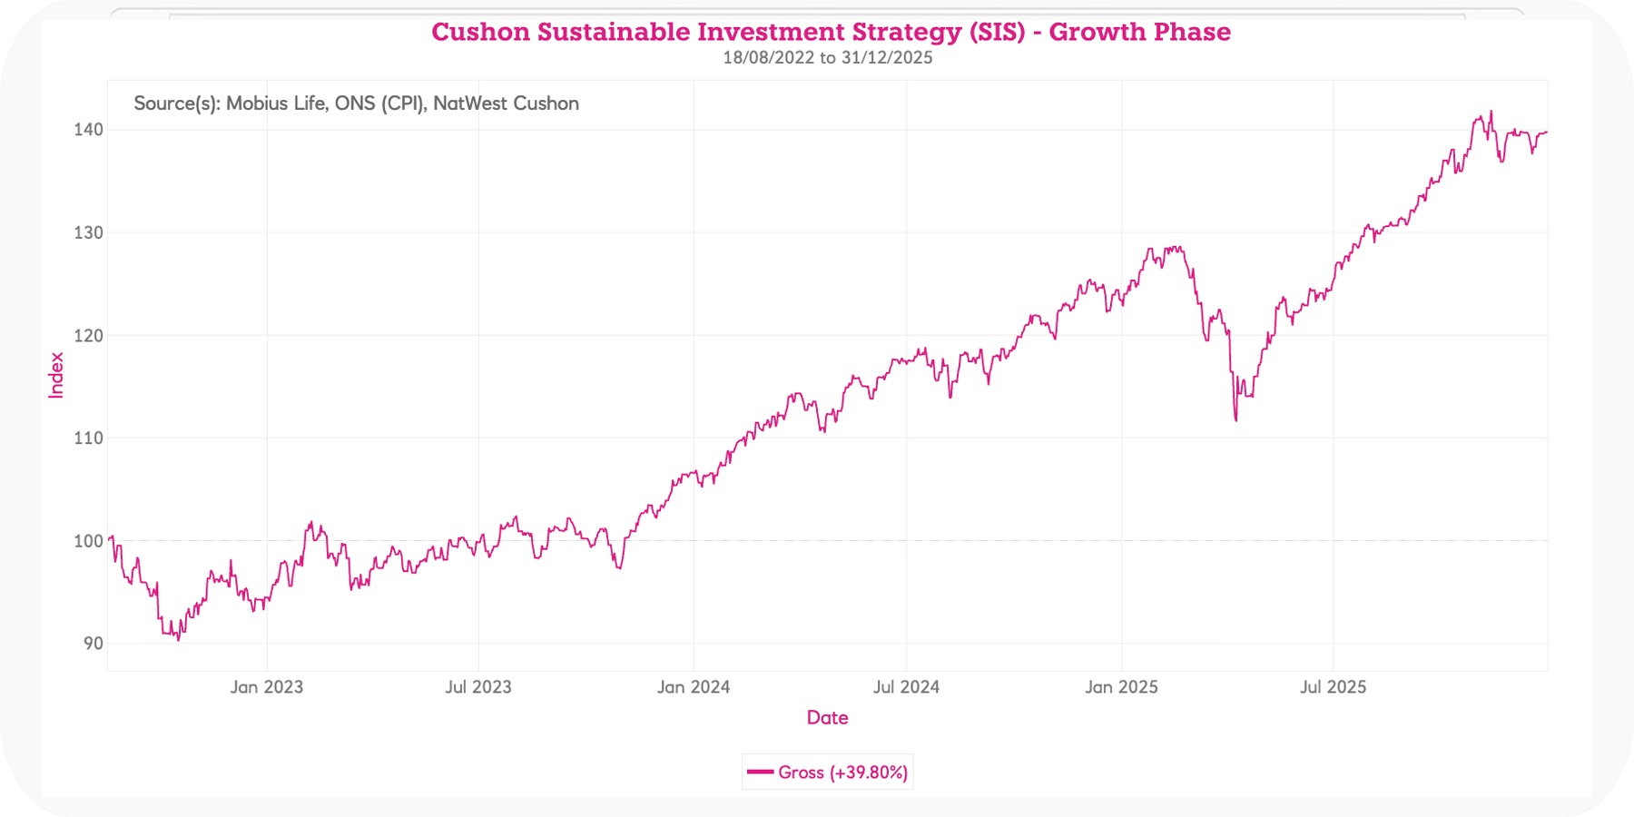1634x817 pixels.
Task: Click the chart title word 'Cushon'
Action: point(480,32)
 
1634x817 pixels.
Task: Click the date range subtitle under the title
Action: point(827,58)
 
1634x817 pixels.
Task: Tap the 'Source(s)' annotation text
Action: point(356,103)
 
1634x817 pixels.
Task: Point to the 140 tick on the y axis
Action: point(88,130)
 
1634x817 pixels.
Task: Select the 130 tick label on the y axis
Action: point(88,232)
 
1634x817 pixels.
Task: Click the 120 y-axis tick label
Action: point(88,335)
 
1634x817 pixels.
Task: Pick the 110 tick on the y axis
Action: point(88,438)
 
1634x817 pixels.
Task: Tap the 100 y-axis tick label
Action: point(88,541)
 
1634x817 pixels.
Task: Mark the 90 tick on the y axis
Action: point(93,644)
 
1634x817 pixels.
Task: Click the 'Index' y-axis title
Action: point(56,375)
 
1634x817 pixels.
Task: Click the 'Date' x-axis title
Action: point(827,718)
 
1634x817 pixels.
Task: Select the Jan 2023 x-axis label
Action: point(266,687)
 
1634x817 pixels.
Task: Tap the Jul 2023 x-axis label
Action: point(478,687)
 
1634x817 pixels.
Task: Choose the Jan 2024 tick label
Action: point(694,687)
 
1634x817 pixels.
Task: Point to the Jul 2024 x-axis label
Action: point(906,687)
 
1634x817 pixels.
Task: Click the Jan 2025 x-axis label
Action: point(1121,687)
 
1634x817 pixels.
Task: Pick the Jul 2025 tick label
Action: point(1333,687)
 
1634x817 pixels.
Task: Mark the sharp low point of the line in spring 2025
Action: point(1235,419)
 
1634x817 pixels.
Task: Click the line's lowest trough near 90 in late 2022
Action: point(178,639)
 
